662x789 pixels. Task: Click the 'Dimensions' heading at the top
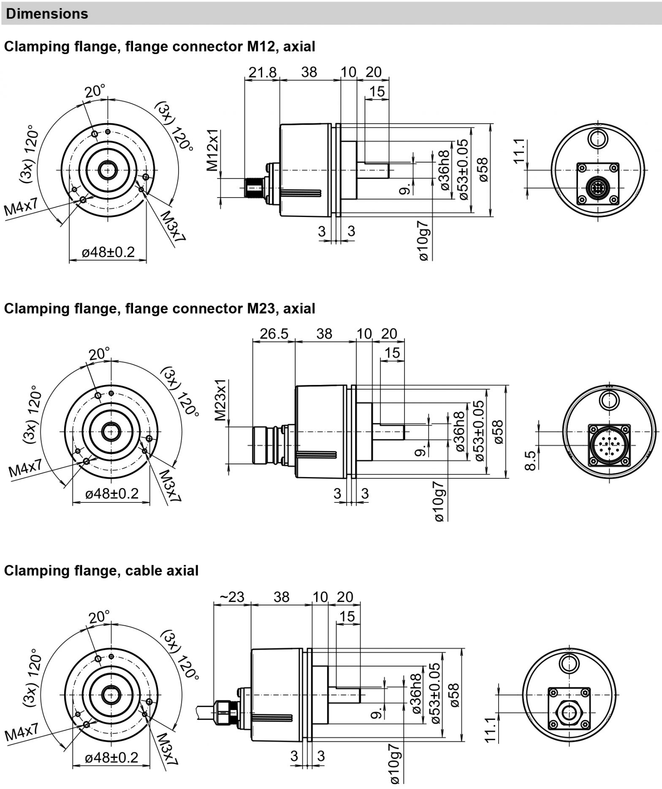pos(47,14)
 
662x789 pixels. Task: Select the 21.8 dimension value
pos(262,72)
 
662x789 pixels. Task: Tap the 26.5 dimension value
pos(274,334)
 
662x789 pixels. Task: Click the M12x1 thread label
pos(213,150)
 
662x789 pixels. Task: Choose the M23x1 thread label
pos(221,400)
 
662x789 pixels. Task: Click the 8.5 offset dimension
pos(531,460)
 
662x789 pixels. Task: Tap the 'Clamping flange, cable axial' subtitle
pos(101,571)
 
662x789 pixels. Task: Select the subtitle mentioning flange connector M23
pos(160,309)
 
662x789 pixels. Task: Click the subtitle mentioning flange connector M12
pos(160,46)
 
